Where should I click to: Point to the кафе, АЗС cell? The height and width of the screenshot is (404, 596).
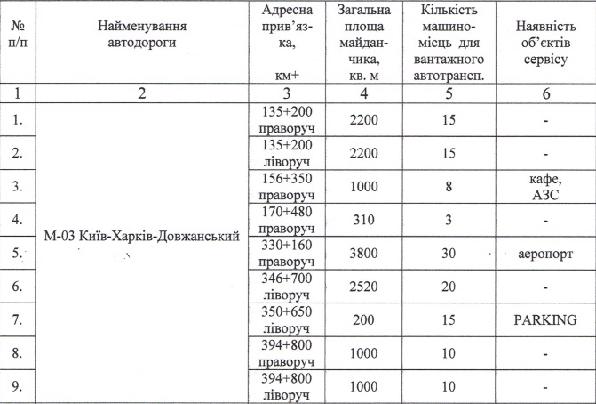click(x=539, y=185)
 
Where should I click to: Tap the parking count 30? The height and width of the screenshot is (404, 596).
click(x=449, y=253)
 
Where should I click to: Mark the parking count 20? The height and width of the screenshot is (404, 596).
click(x=449, y=287)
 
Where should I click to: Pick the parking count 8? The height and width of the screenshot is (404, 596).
click(x=449, y=185)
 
